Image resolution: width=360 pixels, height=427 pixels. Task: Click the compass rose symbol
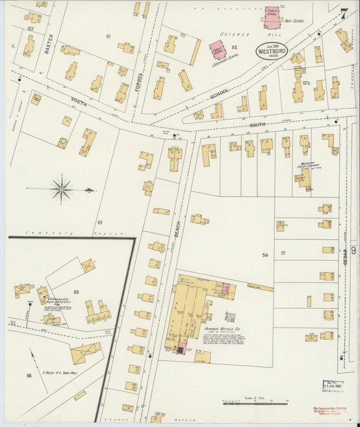coord(62,189)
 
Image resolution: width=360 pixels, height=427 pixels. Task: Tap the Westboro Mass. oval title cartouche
coord(272,51)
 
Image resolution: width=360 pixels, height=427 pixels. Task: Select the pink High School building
coord(272,17)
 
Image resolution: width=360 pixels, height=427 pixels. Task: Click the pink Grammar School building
coord(217,50)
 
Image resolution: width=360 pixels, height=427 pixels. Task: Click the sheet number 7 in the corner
coord(344,14)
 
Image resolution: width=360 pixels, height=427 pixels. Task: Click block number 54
coord(265,255)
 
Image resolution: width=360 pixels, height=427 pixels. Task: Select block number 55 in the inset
coord(76,291)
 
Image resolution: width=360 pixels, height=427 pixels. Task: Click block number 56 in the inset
coord(29,375)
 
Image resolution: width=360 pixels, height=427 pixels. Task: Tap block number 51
coord(108,35)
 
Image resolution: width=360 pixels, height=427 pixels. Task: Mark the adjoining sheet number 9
coord(353,251)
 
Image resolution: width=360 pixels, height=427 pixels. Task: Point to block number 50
coord(30,30)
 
